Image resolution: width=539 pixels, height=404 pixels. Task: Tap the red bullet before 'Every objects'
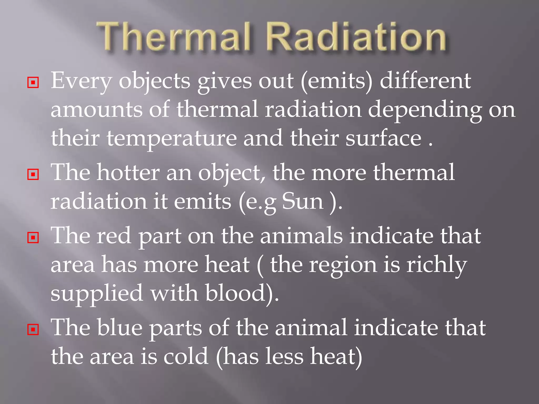tap(33, 83)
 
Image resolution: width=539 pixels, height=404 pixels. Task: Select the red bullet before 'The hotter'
tap(33, 174)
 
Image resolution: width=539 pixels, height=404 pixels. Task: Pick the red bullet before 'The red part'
tap(33, 238)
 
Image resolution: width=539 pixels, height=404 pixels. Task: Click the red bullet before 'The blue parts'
tap(33, 329)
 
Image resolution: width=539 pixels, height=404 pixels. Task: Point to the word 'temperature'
tap(172, 138)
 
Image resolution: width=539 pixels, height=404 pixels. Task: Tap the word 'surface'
tap(383, 138)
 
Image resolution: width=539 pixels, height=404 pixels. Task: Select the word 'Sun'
tap(303, 201)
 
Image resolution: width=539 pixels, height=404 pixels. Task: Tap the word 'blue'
tap(119, 328)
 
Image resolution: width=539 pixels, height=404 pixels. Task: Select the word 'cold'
tap(186, 357)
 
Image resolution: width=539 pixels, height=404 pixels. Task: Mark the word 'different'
tap(425, 81)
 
